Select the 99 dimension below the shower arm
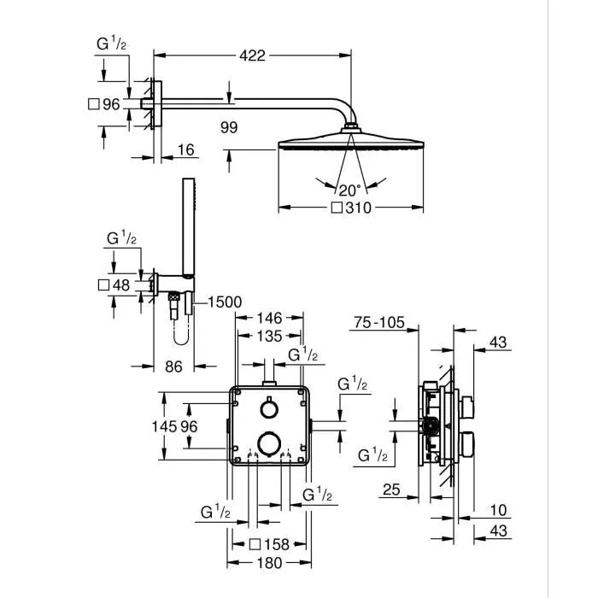click(228, 128)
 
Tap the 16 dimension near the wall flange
click(185, 150)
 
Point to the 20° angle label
click(349, 190)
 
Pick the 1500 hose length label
click(224, 302)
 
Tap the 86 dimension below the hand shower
click(173, 366)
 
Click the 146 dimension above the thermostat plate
click(271, 317)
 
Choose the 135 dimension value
click(271, 335)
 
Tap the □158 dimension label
click(266, 543)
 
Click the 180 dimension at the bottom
click(270, 563)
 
